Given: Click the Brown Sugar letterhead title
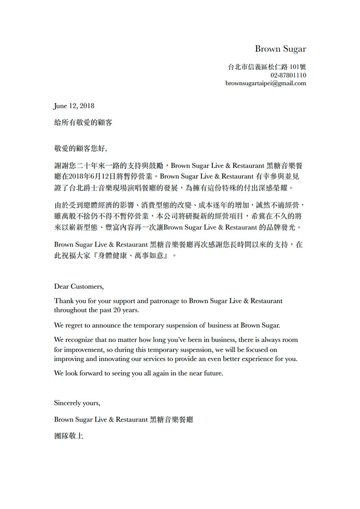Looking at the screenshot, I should point(280,49).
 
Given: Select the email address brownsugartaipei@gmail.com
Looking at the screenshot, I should point(265,83).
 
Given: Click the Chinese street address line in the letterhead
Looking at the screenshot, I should point(267,67).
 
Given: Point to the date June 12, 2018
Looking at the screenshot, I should point(74,106).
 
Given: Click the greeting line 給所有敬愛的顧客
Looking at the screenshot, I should point(83,122).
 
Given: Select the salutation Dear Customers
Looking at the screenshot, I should point(79,286).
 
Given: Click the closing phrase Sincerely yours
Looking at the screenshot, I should point(77,403).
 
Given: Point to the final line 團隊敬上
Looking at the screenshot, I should point(69,436).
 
